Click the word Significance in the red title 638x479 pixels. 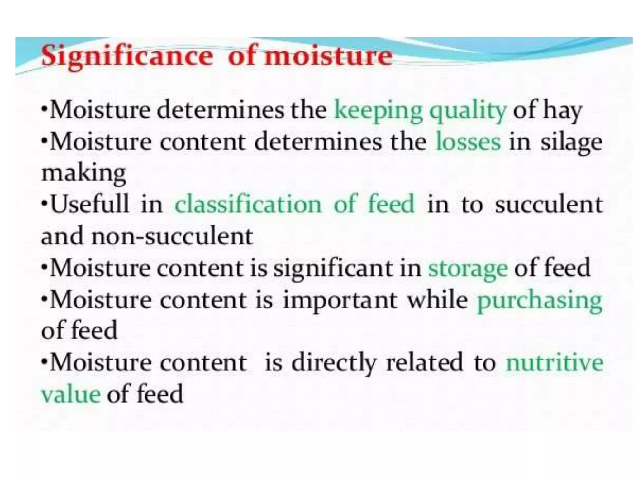(x=127, y=56)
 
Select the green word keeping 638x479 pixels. (x=378, y=111)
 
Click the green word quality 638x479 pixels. (x=468, y=111)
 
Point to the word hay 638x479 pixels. (x=562, y=111)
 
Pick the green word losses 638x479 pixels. (x=468, y=142)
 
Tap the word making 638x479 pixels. (x=83, y=173)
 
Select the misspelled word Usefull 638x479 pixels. (x=90, y=204)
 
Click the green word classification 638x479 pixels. (x=248, y=204)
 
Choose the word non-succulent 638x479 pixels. (x=172, y=236)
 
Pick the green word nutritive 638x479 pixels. (x=555, y=363)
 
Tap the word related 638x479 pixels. (x=424, y=363)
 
